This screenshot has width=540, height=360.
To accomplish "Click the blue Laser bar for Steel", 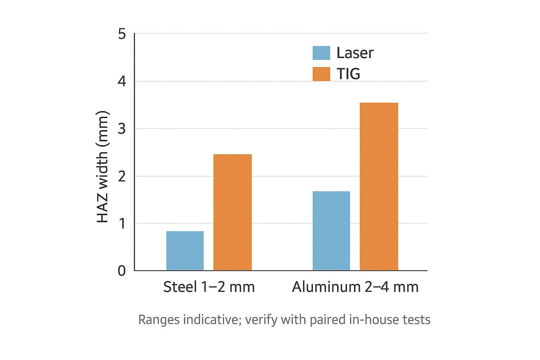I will (x=185, y=251).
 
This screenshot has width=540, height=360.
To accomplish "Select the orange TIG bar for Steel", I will (x=232, y=212).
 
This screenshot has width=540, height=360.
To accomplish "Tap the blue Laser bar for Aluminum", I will (x=331, y=231).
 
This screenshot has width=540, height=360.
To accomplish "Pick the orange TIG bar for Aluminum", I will (x=379, y=186).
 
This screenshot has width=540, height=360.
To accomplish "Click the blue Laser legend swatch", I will (x=321, y=53).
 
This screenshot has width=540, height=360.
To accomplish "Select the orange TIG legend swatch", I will (x=321, y=74).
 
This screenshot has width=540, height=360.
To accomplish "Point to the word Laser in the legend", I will (x=355, y=53).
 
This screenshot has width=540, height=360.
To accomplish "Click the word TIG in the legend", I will (x=348, y=74).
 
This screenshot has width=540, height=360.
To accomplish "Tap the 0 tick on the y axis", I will (x=122, y=271).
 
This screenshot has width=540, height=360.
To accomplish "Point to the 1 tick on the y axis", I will (x=122, y=223).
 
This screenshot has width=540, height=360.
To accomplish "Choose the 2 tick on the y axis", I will (x=122, y=176).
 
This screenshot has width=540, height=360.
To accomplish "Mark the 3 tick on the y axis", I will (x=122, y=129).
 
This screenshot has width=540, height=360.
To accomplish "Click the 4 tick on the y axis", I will (x=122, y=81).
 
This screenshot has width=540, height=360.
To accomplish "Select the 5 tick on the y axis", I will (x=122, y=34).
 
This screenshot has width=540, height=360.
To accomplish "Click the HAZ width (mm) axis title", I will (x=103, y=167).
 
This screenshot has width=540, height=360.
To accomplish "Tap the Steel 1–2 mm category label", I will (x=209, y=287).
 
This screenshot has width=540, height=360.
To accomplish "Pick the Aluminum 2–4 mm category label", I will (x=355, y=287).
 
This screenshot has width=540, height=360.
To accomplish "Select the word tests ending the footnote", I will (x=417, y=320).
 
